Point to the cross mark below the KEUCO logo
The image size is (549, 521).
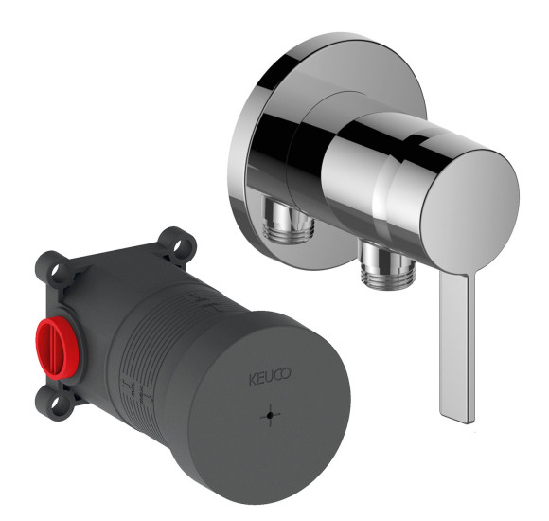pyautogui.click(x=270, y=415)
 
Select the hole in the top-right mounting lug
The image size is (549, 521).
pyautogui.click(x=179, y=243)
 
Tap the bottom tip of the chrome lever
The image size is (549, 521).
pyautogui.click(x=468, y=422)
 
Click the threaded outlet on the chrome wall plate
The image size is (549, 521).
pyautogui.click(x=287, y=221)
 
